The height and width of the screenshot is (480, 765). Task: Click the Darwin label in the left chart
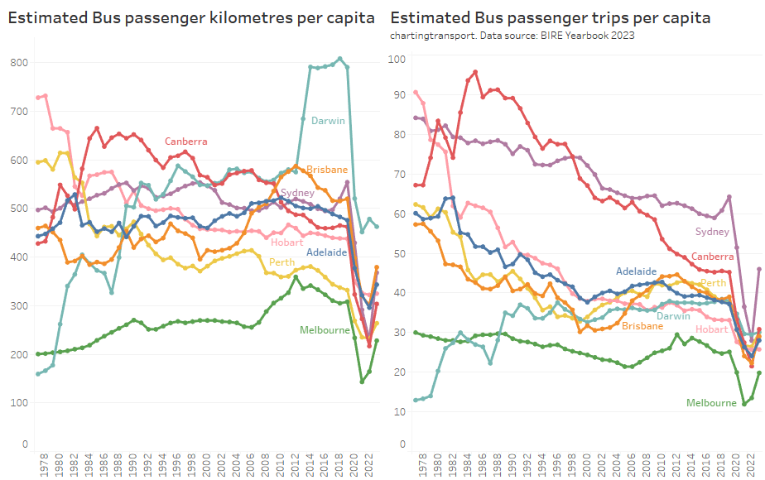point(328,121)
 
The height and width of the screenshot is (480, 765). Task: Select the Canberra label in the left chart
point(185,142)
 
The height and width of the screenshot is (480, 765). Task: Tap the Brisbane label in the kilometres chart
point(327,170)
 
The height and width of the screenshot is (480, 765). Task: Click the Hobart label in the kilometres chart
point(287,242)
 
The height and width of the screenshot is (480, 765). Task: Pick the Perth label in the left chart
point(282,262)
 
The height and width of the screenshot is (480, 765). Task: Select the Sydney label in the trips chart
point(712,232)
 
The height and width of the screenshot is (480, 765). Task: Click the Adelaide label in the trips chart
point(636,271)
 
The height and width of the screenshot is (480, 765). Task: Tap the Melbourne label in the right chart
point(711,403)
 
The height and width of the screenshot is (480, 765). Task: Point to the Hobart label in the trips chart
point(712,329)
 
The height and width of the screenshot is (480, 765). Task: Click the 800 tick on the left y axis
point(19,63)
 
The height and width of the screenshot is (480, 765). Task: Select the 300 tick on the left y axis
point(19,306)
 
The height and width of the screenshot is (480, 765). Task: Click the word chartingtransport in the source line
point(431,36)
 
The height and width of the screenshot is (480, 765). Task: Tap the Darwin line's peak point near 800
point(339,59)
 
